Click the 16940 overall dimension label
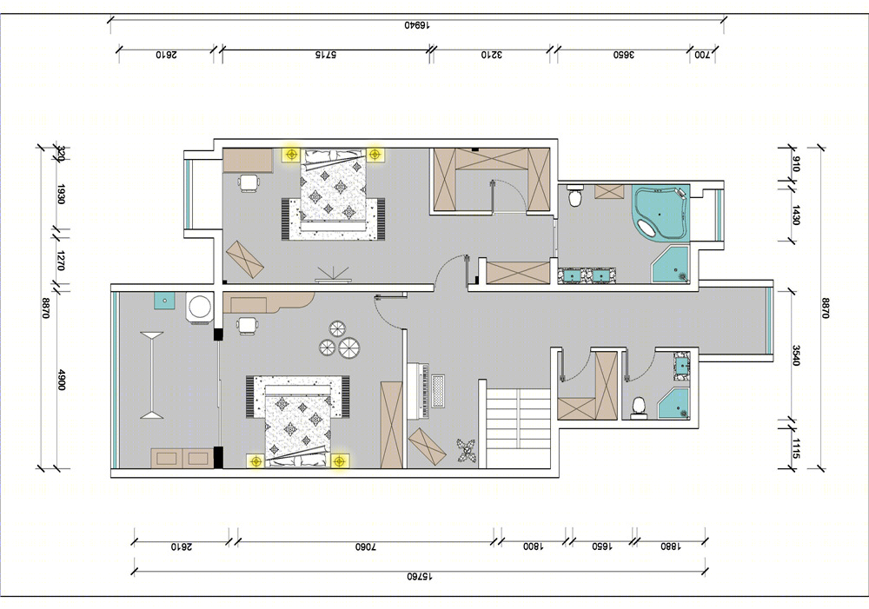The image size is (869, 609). (417, 25)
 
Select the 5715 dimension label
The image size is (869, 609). (325, 55)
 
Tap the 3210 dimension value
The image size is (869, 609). (491, 55)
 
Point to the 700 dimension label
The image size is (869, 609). (702, 55)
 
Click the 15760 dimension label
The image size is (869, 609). (420, 576)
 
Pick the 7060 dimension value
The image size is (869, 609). (366, 546)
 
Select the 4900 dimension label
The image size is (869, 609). (62, 380)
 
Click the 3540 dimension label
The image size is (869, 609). (796, 355)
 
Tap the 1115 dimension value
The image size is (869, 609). (796, 448)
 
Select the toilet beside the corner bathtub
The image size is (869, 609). (574, 195)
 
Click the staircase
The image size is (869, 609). (518, 427)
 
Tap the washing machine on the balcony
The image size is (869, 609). (200, 307)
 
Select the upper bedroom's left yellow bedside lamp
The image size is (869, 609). (291, 154)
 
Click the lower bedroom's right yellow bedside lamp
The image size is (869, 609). (340, 460)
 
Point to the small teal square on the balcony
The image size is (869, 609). (164, 301)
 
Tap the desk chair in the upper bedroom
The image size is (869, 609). (249, 182)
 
